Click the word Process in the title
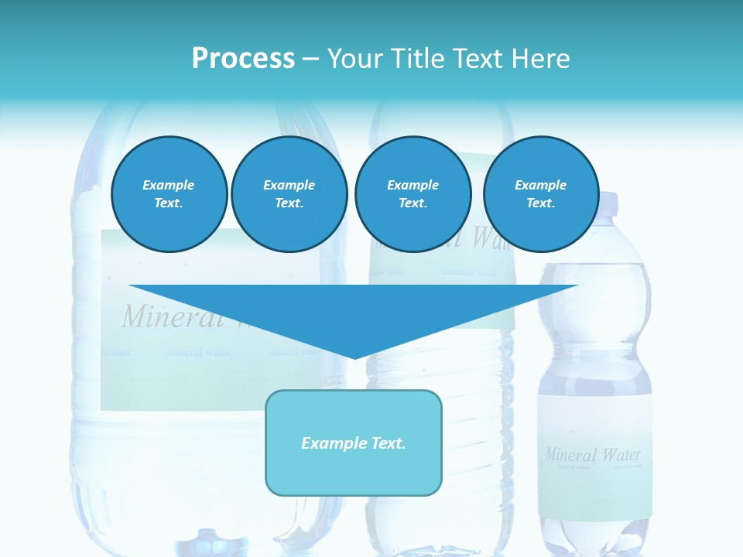coord(243,59)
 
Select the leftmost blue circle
coord(169,194)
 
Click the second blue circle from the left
coord(289,194)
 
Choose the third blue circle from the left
coord(413,194)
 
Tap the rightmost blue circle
coord(540,194)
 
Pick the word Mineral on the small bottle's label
coord(571,454)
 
